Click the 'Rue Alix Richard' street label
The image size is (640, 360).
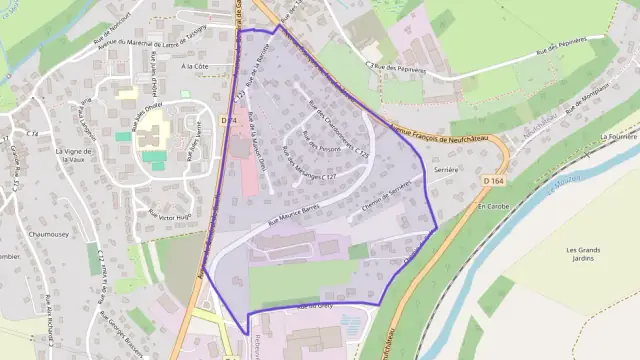(45, 319)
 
